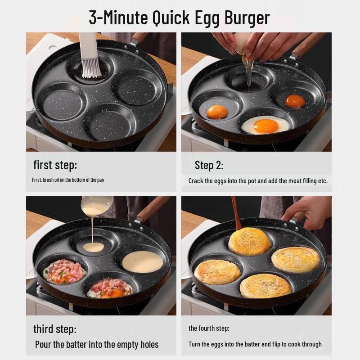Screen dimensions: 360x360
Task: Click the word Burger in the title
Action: pos(245,18)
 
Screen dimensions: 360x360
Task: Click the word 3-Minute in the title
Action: pos(118,18)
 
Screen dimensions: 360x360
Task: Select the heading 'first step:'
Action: pos(55,165)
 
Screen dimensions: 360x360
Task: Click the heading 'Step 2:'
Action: pos(209,165)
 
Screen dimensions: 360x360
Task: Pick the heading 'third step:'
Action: pos(55,329)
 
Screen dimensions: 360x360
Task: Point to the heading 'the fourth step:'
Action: pos(209,328)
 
